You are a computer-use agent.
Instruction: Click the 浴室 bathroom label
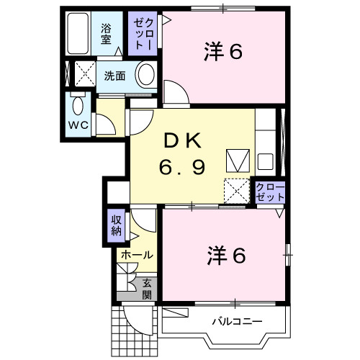pyautogui.click(x=106, y=35)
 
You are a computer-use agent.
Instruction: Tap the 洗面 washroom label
pyautogui.click(x=114, y=74)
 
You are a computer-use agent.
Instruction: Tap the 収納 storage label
pyautogui.click(x=117, y=225)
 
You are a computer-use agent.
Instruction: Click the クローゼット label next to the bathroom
pyautogui.click(x=140, y=34)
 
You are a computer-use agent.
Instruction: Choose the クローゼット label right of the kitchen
pyautogui.click(x=270, y=192)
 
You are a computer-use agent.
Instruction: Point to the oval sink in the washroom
pyautogui.click(x=147, y=74)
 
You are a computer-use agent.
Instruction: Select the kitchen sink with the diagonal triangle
pyautogui.click(x=236, y=158)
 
